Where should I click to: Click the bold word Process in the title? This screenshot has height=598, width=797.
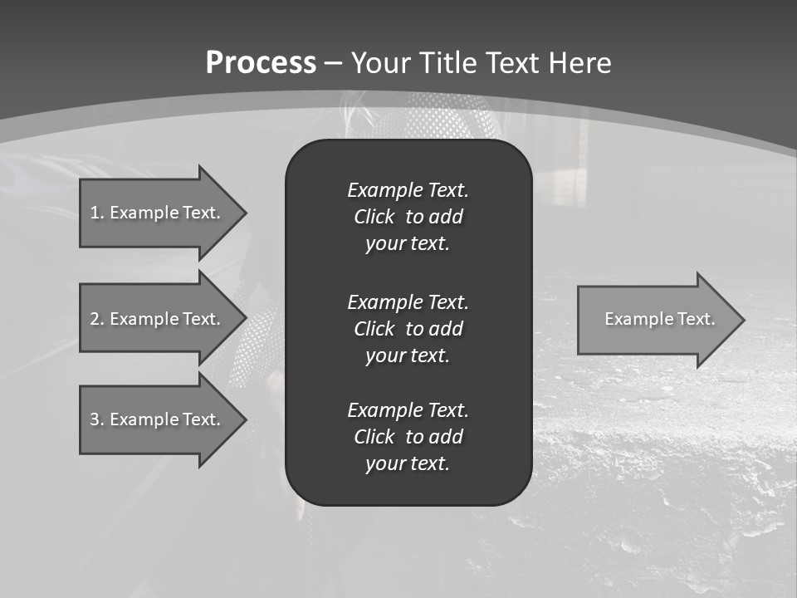tap(261, 63)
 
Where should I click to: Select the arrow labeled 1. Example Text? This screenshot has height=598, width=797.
tap(158, 213)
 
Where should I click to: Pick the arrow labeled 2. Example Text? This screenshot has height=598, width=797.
tap(158, 319)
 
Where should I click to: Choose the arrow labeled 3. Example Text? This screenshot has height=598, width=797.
tap(158, 419)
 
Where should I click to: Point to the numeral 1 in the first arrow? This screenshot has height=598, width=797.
tap(95, 213)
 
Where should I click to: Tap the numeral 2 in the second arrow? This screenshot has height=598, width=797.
tap(95, 319)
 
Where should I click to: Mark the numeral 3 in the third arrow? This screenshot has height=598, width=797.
tap(95, 419)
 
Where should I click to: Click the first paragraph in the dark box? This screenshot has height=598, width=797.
tap(408, 217)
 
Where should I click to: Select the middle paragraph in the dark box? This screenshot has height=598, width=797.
tap(408, 329)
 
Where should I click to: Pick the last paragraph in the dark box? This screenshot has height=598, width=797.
tap(408, 437)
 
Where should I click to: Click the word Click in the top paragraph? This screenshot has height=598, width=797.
tap(374, 217)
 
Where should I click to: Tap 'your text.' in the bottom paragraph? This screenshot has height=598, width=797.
tap(408, 463)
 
